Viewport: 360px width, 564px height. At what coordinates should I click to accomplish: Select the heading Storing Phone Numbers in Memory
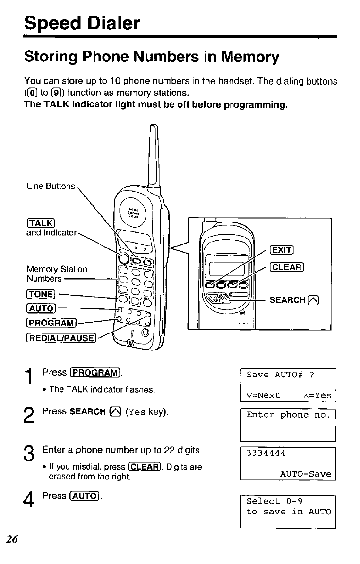click(152, 57)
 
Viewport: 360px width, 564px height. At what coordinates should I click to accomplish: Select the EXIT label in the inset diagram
click(281, 250)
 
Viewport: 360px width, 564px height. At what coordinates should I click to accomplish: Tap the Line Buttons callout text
click(51, 186)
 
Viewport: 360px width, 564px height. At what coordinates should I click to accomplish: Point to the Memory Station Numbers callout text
click(57, 273)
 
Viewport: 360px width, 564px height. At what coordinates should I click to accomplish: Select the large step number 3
click(29, 456)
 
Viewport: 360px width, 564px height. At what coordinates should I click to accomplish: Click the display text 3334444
click(266, 453)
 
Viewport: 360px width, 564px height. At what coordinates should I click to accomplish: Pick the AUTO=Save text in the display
click(305, 474)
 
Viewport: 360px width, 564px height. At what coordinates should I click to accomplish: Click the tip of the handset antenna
click(152, 126)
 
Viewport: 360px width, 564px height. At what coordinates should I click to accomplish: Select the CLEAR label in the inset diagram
click(286, 267)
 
